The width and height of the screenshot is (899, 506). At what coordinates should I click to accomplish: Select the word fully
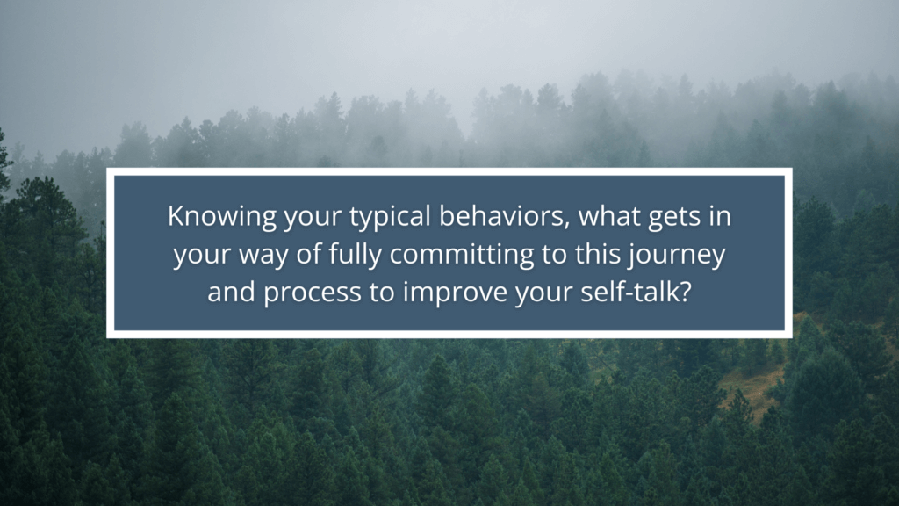355,255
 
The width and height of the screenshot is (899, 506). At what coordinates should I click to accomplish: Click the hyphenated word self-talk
629,292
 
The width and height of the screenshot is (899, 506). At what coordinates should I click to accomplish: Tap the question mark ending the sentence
685,292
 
